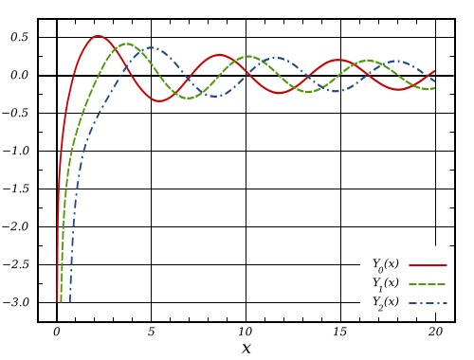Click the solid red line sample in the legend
click(428, 265)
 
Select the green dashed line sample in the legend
click(428, 284)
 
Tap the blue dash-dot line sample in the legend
click(428, 303)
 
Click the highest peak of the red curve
click(98, 36)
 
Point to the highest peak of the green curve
click(126, 44)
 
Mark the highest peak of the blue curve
click(153, 47)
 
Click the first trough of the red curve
click(158, 100)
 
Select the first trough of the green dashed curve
click(190, 98)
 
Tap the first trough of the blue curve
click(216, 96)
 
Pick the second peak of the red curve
click(219, 54)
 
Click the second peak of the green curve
click(248, 56)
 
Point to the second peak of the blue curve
click(276, 58)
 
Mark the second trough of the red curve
click(281, 94)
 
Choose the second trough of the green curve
click(309, 92)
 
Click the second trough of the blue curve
click(337, 91)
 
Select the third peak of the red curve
click(339, 60)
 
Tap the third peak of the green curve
click(370, 61)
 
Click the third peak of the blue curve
click(397, 62)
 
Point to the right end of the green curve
click(434, 88)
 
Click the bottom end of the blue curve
click(69, 301)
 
